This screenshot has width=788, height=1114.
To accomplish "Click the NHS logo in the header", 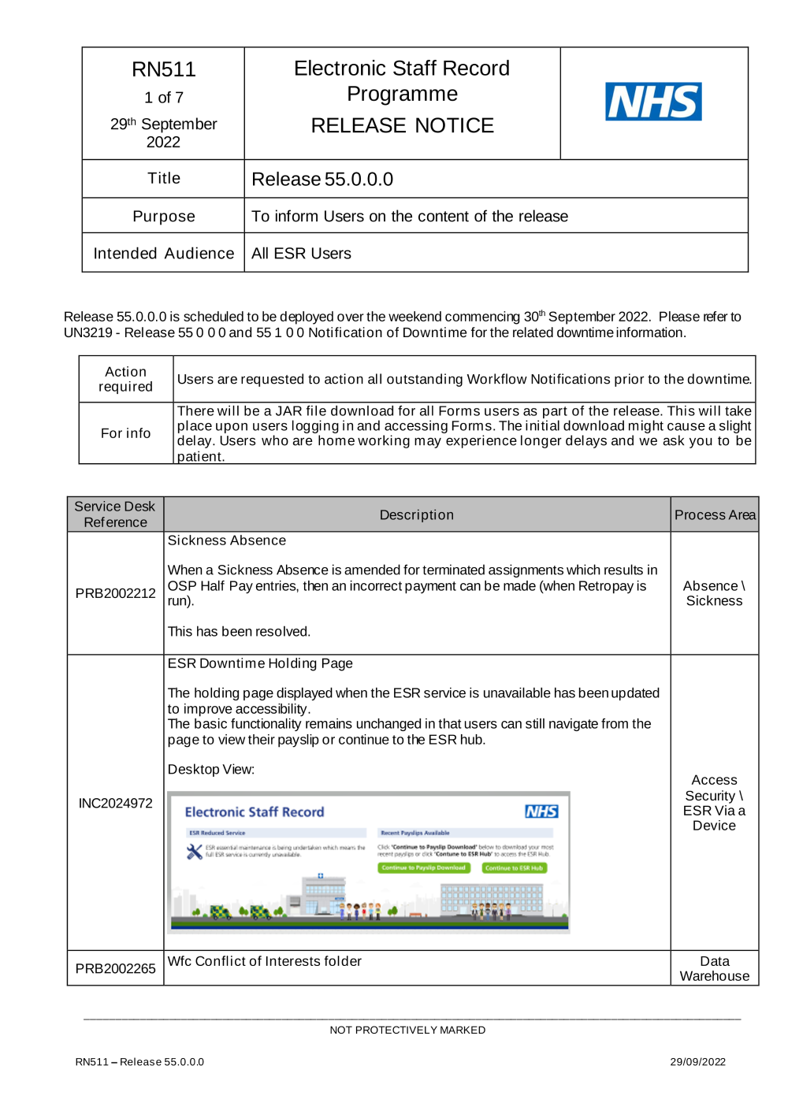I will [x=653, y=102].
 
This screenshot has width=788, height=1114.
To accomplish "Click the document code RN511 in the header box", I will [x=164, y=69].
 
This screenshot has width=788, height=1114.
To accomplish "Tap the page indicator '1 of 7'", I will [x=164, y=98].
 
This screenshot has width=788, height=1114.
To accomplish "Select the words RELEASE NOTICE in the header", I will [x=402, y=125].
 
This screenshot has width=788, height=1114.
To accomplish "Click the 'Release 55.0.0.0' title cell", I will [x=322, y=180].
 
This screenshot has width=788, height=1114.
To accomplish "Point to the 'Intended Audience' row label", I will [x=164, y=254].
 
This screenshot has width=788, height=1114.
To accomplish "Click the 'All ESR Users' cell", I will [x=301, y=254].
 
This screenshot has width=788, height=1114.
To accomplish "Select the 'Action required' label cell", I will [x=126, y=379].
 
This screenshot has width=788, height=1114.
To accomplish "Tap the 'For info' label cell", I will [x=126, y=433].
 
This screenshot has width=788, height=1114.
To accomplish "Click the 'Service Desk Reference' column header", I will [x=115, y=514].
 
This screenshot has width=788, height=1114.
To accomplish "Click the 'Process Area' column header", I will [x=714, y=515].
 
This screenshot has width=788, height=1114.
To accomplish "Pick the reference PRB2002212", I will [x=115, y=593].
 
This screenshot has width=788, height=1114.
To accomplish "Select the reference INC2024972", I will [x=115, y=803].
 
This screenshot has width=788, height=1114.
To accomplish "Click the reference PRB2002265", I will [x=115, y=968].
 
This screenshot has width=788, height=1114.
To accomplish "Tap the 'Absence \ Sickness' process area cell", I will [x=714, y=593].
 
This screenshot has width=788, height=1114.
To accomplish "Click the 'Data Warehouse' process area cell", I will [x=714, y=968].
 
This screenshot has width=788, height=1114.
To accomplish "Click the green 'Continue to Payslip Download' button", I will [x=424, y=867].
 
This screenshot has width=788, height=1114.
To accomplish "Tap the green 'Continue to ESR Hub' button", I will [x=514, y=867].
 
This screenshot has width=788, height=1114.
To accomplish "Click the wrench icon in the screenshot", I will [x=194, y=852].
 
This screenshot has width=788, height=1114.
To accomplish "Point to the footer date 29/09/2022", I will [x=697, y=1062].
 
